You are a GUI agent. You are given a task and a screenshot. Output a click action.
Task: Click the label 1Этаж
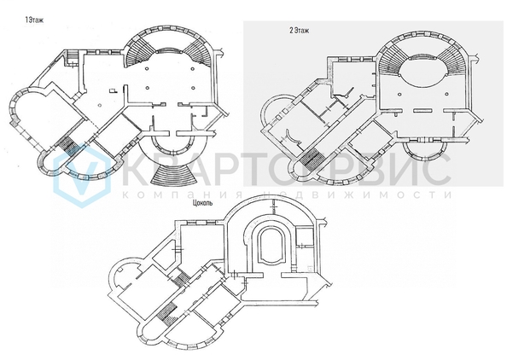(34, 20)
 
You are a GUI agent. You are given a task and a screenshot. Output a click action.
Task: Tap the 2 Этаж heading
(299, 31)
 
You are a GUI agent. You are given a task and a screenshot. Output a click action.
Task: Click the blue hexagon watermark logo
(82, 175)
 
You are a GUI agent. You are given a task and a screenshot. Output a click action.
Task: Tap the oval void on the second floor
(423, 72)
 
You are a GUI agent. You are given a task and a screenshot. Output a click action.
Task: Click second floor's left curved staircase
(392, 60)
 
